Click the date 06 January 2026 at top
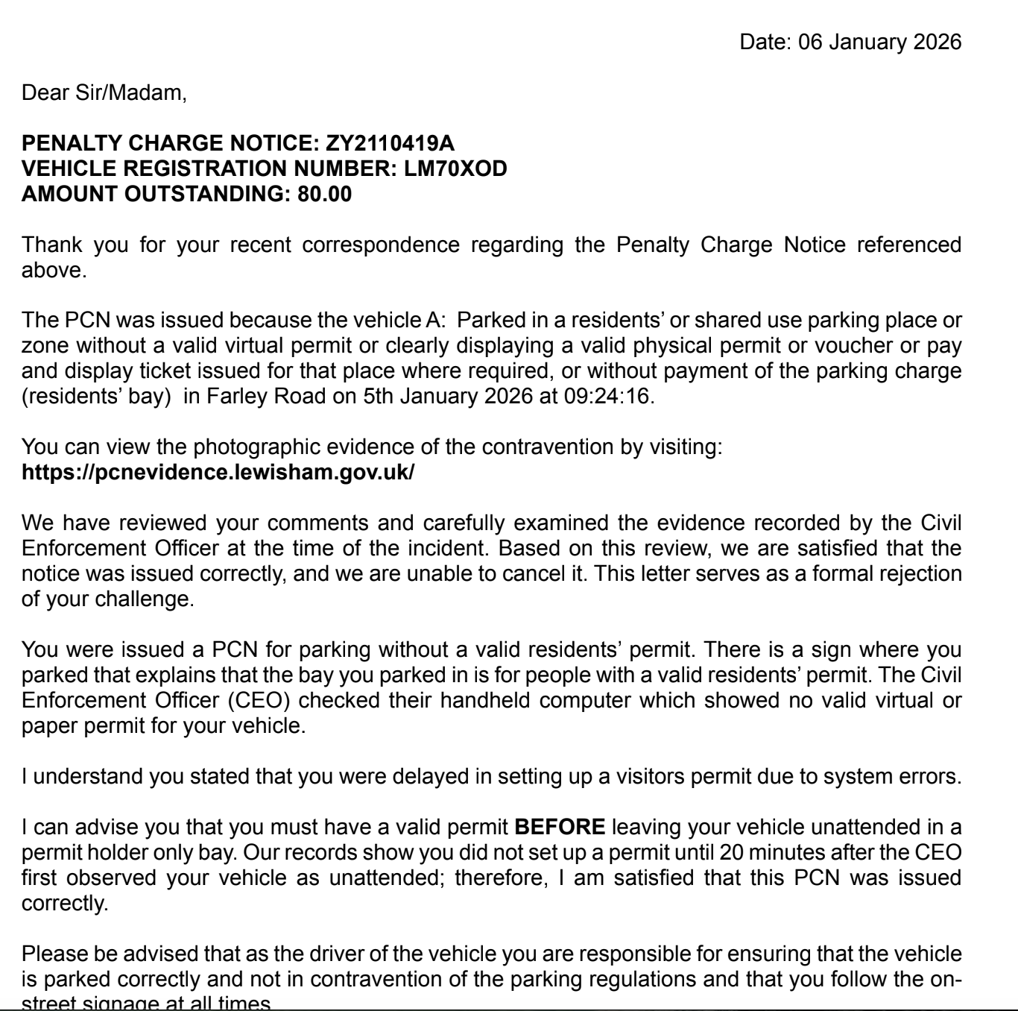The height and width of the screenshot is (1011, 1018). pyautogui.click(x=880, y=42)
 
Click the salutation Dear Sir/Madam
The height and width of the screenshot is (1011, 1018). pyautogui.click(x=104, y=93)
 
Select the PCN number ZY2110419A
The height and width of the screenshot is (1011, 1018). pyautogui.click(x=391, y=142)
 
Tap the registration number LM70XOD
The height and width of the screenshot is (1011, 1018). pyautogui.click(x=455, y=168)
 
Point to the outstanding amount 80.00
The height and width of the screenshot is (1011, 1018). pyautogui.click(x=325, y=194)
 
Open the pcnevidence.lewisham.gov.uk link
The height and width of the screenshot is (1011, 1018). pyautogui.click(x=218, y=473)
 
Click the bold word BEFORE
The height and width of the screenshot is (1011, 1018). pyautogui.click(x=560, y=828)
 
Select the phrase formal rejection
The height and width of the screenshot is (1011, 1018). pyautogui.click(x=872, y=574)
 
